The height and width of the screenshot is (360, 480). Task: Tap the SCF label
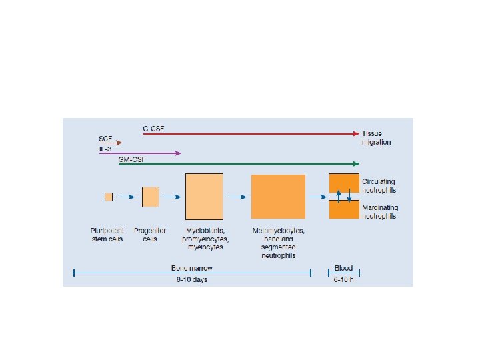(x=106, y=138)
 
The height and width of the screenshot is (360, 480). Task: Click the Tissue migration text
(x=377, y=137)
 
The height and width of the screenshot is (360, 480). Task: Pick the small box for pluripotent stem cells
(x=108, y=196)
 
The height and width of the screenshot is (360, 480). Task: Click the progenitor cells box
(x=151, y=197)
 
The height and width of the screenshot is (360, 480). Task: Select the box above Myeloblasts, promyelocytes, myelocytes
(x=203, y=196)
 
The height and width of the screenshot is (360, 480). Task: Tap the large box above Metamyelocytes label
(x=278, y=196)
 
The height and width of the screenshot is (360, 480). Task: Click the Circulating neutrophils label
(x=379, y=185)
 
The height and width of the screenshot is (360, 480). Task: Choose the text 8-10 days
(x=192, y=279)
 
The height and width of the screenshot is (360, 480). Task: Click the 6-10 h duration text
(x=344, y=279)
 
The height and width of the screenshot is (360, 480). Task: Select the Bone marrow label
(x=192, y=268)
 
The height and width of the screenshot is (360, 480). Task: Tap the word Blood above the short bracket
(x=344, y=268)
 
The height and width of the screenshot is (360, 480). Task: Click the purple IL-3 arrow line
(x=147, y=153)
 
